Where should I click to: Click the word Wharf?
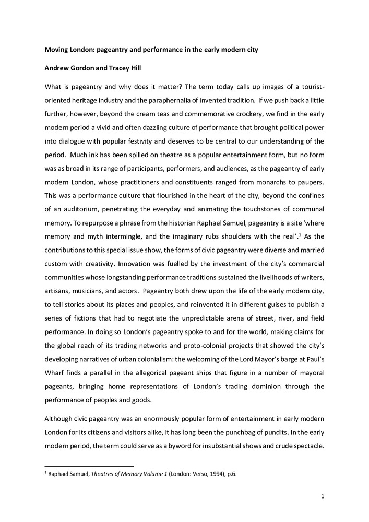coord(55,372)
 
